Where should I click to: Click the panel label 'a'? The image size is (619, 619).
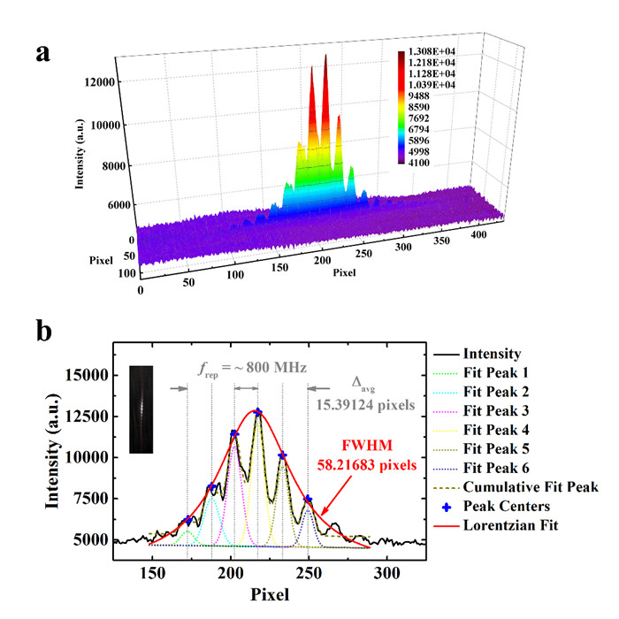point(42,52)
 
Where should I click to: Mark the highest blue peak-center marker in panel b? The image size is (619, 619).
point(257,412)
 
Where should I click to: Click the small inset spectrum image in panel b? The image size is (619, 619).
point(141,409)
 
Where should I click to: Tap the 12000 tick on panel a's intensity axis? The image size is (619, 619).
point(100,82)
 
